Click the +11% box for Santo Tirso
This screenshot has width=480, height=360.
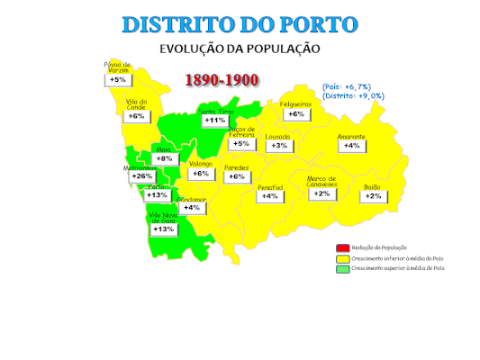[215, 120]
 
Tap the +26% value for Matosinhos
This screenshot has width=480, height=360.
[141, 176]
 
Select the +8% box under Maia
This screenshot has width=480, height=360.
[164, 158]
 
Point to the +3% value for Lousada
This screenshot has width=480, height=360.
[279, 146]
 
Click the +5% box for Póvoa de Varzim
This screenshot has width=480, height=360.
[118, 80]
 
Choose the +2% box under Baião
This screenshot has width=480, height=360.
[373, 196]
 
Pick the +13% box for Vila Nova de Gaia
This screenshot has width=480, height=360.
[163, 229]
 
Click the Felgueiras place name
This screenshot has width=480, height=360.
[295, 104]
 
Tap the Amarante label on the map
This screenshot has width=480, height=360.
[351, 137]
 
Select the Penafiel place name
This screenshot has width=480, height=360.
[270, 187]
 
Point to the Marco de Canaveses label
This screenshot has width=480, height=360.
[322, 181]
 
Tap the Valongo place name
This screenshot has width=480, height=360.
[201, 164]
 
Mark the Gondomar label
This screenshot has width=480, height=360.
[192, 199]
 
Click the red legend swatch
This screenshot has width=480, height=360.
[342, 247]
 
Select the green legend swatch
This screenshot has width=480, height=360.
[342, 268]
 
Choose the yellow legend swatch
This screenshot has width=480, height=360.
[342, 258]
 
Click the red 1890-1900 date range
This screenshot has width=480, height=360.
[222, 80]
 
